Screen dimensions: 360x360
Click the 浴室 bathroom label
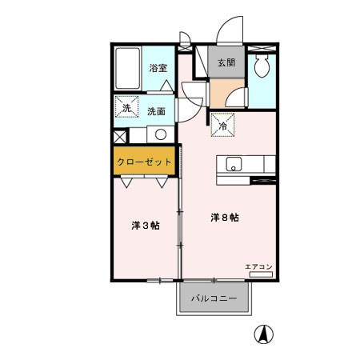(x=157, y=69)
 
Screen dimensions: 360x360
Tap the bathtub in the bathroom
(x=128, y=70)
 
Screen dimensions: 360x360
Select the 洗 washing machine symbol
(x=126, y=109)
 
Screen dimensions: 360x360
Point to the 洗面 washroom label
(x=157, y=112)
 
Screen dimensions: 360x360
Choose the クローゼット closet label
(x=144, y=162)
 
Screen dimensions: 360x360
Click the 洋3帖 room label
(x=145, y=226)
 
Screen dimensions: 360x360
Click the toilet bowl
(x=261, y=69)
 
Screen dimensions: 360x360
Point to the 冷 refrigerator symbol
(x=222, y=125)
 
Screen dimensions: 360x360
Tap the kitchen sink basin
(x=234, y=166)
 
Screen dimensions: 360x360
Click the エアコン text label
(x=260, y=265)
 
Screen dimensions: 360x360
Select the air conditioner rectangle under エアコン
(x=262, y=274)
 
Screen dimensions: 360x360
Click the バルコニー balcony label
(x=214, y=301)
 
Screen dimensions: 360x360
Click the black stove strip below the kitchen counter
(x=263, y=181)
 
